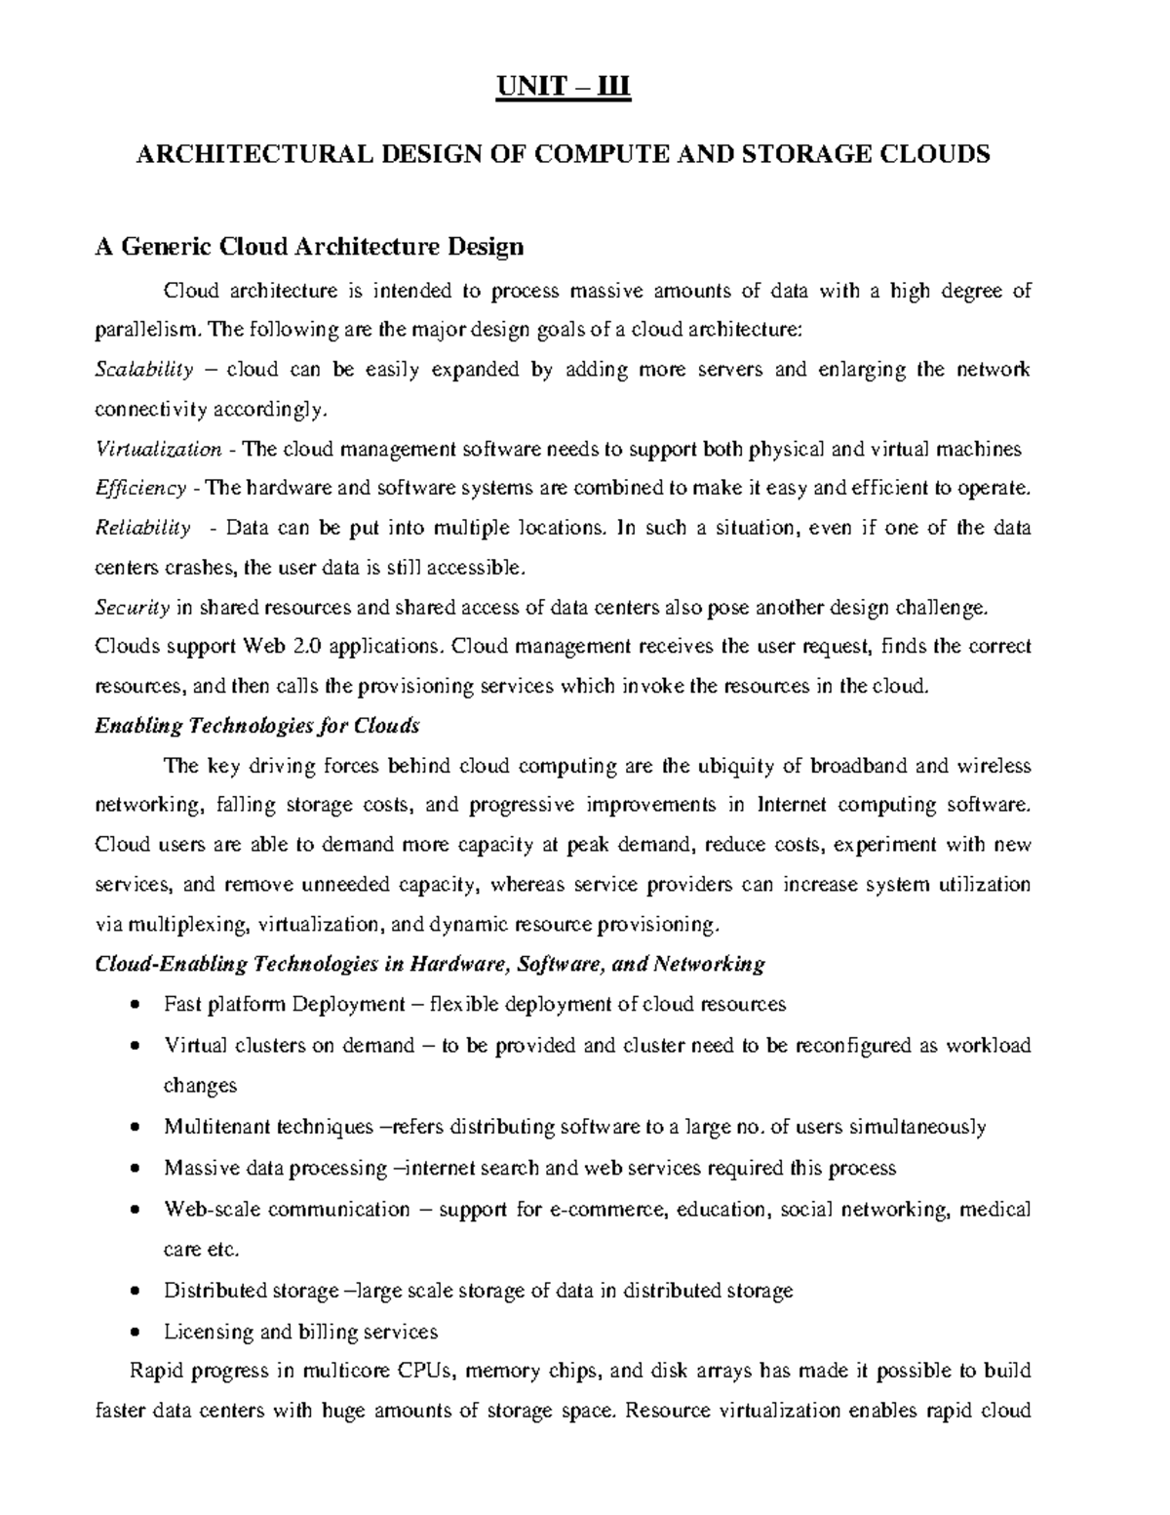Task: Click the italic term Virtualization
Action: coord(158,450)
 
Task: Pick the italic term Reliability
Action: coord(142,529)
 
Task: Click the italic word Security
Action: coord(132,608)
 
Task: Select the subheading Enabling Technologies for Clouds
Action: coord(256,726)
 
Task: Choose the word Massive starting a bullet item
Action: coord(199,1169)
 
